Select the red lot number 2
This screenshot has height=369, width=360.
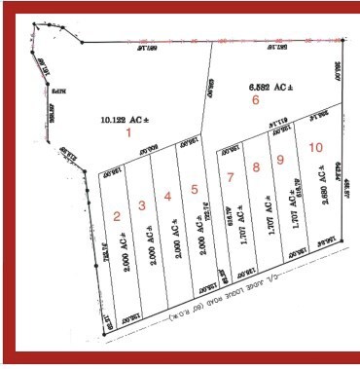(117, 215)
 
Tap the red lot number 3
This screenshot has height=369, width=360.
(142, 204)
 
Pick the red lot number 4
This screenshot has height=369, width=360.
(167, 197)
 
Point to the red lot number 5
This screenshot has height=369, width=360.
(195, 189)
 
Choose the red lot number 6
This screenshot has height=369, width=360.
(256, 99)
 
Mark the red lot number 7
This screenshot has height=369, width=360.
(231, 176)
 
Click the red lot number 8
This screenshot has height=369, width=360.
(256, 167)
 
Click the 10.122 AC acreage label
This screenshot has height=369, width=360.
(122, 122)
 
